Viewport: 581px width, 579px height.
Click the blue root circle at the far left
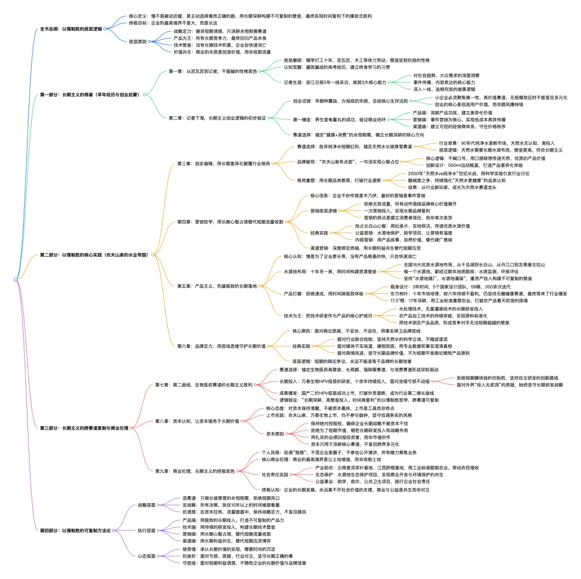pyautogui.click(x=16, y=280)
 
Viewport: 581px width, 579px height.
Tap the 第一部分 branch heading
pyautogui.click(x=89, y=95)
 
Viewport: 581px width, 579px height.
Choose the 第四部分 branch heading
pyautogui.click(x=75, y=530)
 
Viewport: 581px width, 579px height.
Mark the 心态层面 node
pyautogui.click(x=147, y=556)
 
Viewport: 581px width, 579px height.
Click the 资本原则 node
pyautogui.click(x=277, y=433)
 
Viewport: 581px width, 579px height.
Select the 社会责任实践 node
pyautogui.click(x=275, y=475)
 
